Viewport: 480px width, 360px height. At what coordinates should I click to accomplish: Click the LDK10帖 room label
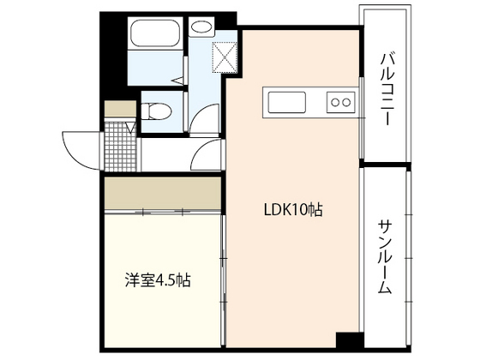291,209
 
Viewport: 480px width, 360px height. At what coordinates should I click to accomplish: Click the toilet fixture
153,111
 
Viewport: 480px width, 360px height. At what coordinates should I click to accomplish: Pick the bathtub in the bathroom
155,35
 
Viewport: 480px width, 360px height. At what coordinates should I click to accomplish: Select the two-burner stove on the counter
340,101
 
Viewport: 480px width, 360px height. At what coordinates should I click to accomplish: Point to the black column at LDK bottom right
346,339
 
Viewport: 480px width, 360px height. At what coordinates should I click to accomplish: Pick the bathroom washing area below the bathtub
154,73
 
